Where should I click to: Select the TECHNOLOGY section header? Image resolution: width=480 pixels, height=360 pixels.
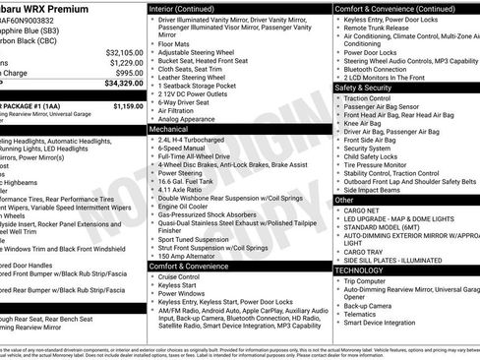(360, 270)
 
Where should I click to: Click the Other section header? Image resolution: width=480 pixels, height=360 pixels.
(345, 200)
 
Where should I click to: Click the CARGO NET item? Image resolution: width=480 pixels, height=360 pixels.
(363, 210)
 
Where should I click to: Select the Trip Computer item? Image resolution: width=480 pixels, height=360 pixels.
(369, 280)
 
